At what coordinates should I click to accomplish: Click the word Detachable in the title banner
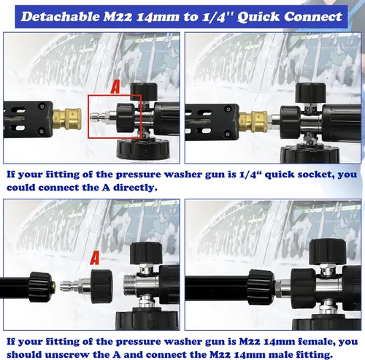tap(61, 17)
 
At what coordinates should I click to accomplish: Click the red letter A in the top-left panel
tap(115, 88)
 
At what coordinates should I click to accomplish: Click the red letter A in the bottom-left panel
tap(95, 258)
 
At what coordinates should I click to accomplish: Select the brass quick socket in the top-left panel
tap(67, 119)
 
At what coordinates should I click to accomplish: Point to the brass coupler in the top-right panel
tap(253, 121)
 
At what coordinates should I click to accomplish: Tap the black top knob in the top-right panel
tap(311, 93)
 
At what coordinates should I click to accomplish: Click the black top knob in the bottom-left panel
tap(146, 253)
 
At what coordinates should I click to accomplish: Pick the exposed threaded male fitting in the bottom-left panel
tap(130, 284)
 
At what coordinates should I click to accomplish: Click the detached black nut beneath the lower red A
tap(101, 286)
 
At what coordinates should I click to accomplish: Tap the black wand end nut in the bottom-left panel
tap(40, 287)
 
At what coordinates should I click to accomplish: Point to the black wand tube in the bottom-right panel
tap(217, 288)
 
